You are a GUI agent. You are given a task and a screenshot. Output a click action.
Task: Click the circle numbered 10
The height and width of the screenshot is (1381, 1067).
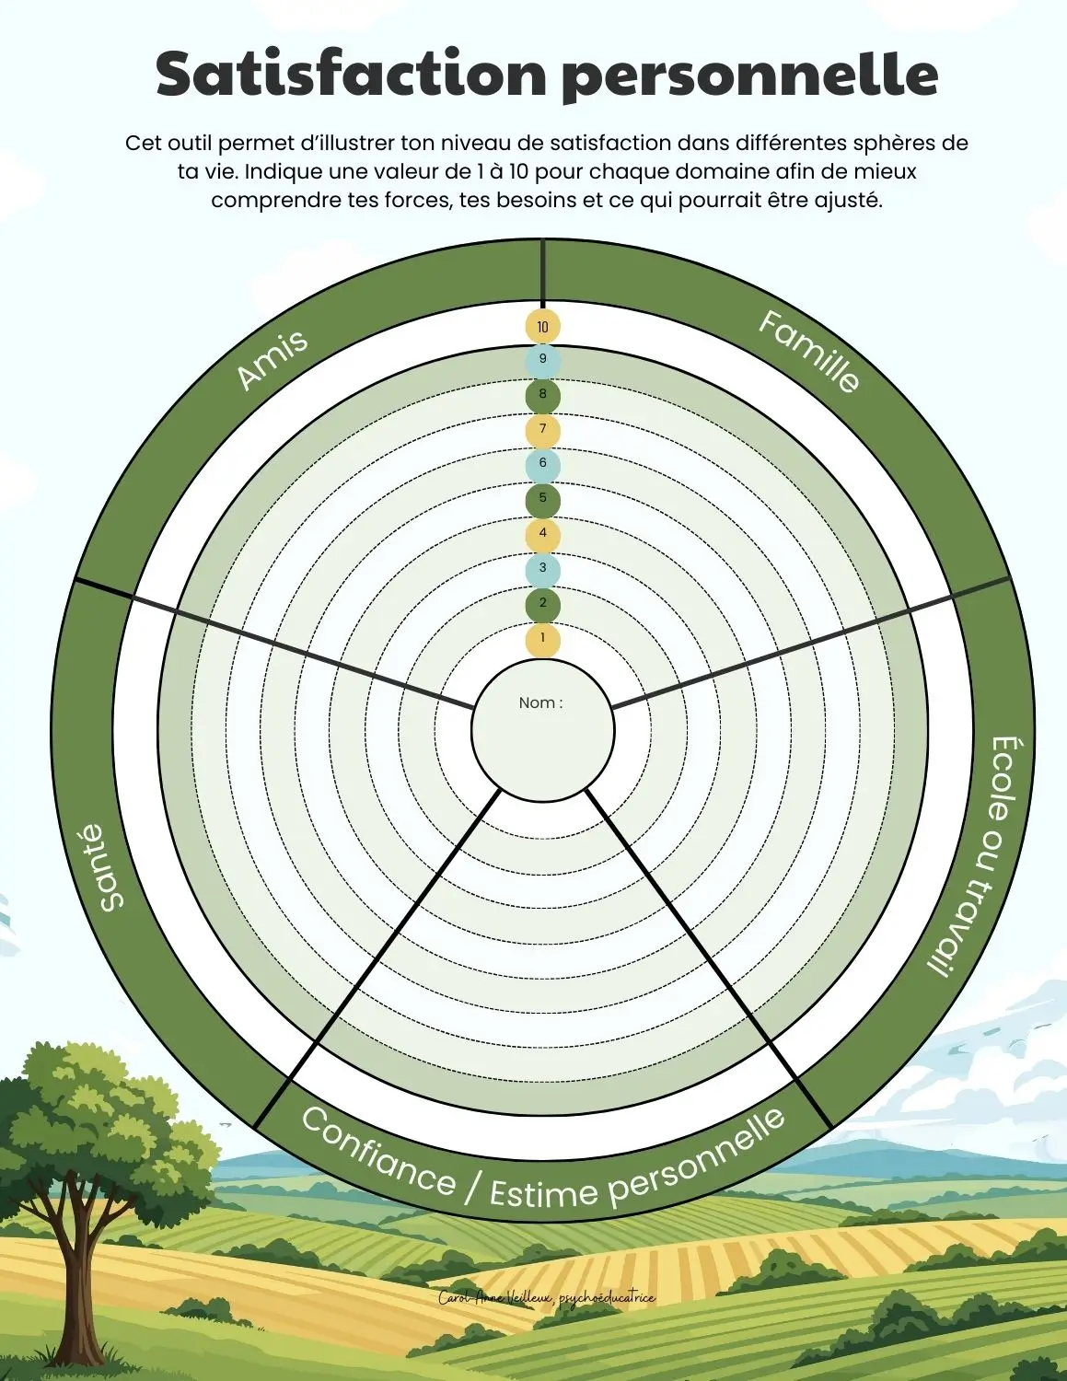[542, 327]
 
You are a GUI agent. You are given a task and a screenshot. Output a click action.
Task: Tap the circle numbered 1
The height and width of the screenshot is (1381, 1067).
[542, 638]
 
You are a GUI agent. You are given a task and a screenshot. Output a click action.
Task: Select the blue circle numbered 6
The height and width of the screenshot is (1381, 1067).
[542, 463]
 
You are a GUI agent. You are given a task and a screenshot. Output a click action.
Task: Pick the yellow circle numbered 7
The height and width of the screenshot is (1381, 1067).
[542, 429]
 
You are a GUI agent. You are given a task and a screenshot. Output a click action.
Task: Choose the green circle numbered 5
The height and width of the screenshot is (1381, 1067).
[542, 499]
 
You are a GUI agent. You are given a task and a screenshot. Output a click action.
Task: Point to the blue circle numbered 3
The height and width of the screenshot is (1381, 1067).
[542, 568]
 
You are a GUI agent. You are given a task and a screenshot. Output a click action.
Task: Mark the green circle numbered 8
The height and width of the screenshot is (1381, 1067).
[542, 394]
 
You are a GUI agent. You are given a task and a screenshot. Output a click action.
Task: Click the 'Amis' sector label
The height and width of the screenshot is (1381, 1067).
[272, 359]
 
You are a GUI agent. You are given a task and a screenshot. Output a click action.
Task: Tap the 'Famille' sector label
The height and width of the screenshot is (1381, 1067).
[809, 351]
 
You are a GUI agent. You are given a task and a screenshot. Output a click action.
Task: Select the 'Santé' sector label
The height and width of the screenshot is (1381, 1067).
[103, 867]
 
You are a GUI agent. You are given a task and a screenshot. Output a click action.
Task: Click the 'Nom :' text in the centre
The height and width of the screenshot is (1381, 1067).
[540, 702]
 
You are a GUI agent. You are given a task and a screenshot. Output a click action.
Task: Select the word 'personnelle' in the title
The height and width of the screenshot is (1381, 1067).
[749, 75]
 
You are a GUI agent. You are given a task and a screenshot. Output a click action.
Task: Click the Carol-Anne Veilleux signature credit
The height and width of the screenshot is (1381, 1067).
[547, 1298]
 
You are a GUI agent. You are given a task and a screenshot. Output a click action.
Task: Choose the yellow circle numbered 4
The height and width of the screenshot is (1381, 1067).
[542, 533]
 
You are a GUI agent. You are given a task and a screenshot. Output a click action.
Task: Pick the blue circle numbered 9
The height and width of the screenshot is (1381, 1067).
[542, 359]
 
